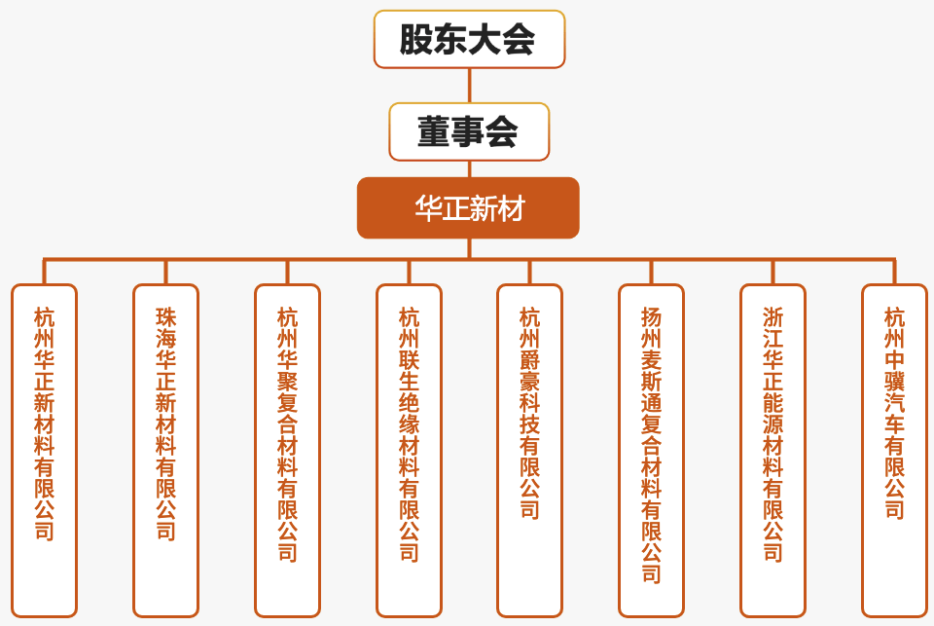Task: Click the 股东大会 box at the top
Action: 469,39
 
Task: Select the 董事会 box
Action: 469,131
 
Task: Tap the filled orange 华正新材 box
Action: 468,207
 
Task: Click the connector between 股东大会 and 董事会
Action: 469,86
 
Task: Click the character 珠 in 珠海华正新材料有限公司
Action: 165,317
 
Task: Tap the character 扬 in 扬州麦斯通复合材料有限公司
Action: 651,317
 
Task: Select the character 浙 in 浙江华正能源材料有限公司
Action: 772,317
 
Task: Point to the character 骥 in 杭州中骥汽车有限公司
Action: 894,382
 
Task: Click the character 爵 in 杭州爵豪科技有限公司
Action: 529,360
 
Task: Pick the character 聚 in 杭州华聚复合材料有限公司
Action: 287,382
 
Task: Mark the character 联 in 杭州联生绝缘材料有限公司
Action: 409,360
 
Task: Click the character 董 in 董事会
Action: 433,131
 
